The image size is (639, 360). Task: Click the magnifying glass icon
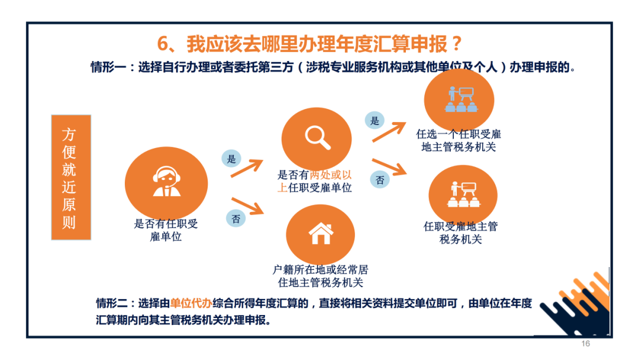tap(318, 138)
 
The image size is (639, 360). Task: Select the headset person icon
tap(166, 182)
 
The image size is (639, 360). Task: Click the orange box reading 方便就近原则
tap(71, 178)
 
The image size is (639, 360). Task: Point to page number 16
tap(586, 343)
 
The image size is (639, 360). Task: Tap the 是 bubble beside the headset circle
tap(231, 159)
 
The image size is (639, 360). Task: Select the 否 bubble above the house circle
tap(236, 218)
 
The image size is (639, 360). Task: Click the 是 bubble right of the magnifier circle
tap(375, 120)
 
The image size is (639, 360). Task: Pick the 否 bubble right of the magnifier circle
tap(380, 180)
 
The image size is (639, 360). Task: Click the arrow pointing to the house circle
tap(248, 206)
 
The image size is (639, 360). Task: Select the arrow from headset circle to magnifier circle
tap(247, 168)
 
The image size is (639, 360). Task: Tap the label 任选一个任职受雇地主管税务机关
tap(459, 141)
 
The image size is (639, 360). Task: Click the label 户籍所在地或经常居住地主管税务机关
tap(320, 276)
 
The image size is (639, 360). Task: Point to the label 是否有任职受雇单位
tap(166, 230)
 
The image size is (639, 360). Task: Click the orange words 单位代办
tap(191, 303)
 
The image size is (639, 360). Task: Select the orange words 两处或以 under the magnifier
tap(331, 175)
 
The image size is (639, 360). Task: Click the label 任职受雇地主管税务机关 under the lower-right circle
tap(460, 233)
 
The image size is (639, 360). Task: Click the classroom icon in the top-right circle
tap(461, 99)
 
